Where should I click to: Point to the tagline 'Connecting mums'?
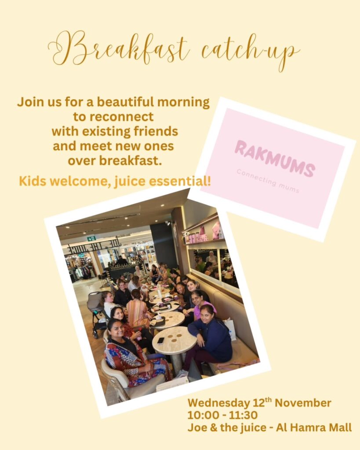(x=268, y=181)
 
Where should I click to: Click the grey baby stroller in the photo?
(x=95, y=308)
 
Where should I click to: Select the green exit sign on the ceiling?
(x=91, y=238)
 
